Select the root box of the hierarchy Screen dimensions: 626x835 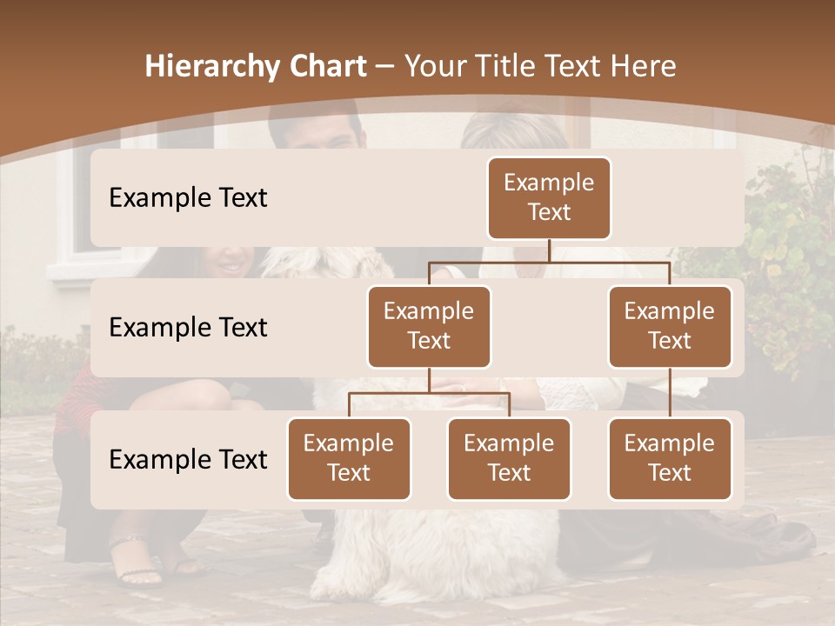(549, 197)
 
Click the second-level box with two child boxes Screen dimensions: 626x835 (429, 326)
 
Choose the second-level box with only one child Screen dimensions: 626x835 (670, 326)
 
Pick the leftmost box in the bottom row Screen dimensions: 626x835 (349, 458)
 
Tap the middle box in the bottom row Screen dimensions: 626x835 (509, 458)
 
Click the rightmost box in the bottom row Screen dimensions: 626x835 (670, 458)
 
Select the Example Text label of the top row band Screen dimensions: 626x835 (188, 197)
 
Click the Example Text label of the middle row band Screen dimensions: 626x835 (188, 327)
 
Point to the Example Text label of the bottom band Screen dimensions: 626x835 (188, 459)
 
